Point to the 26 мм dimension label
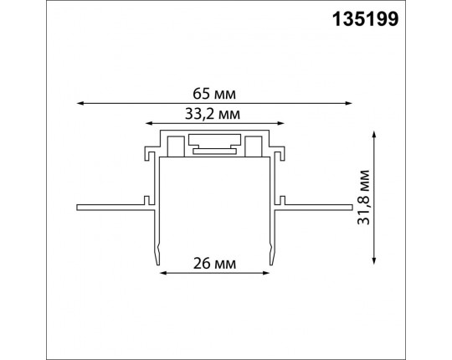tap(212, 263)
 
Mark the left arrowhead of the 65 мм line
tap(80, 102)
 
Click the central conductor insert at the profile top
tap(215, 144)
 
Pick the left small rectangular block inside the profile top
tap(176, 147)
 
